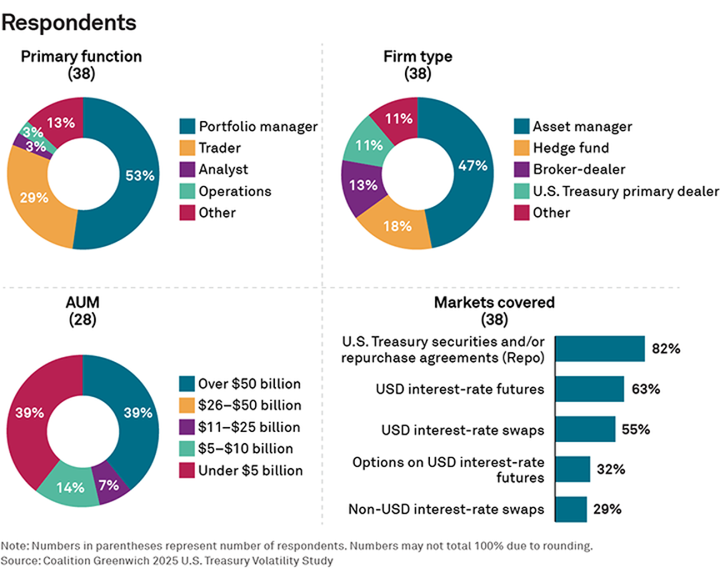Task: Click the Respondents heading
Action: click(69, 23)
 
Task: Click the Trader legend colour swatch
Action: click(187, 148)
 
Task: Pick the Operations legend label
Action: click(235, 191)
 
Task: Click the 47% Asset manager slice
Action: click(471, 165)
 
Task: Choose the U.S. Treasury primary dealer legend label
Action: click(625, 191)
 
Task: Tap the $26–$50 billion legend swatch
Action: click(187, 406)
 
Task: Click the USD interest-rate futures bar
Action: click(589, 390)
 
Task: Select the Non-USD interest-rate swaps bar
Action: click(571, 509)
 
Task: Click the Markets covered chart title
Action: click(493, 302)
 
